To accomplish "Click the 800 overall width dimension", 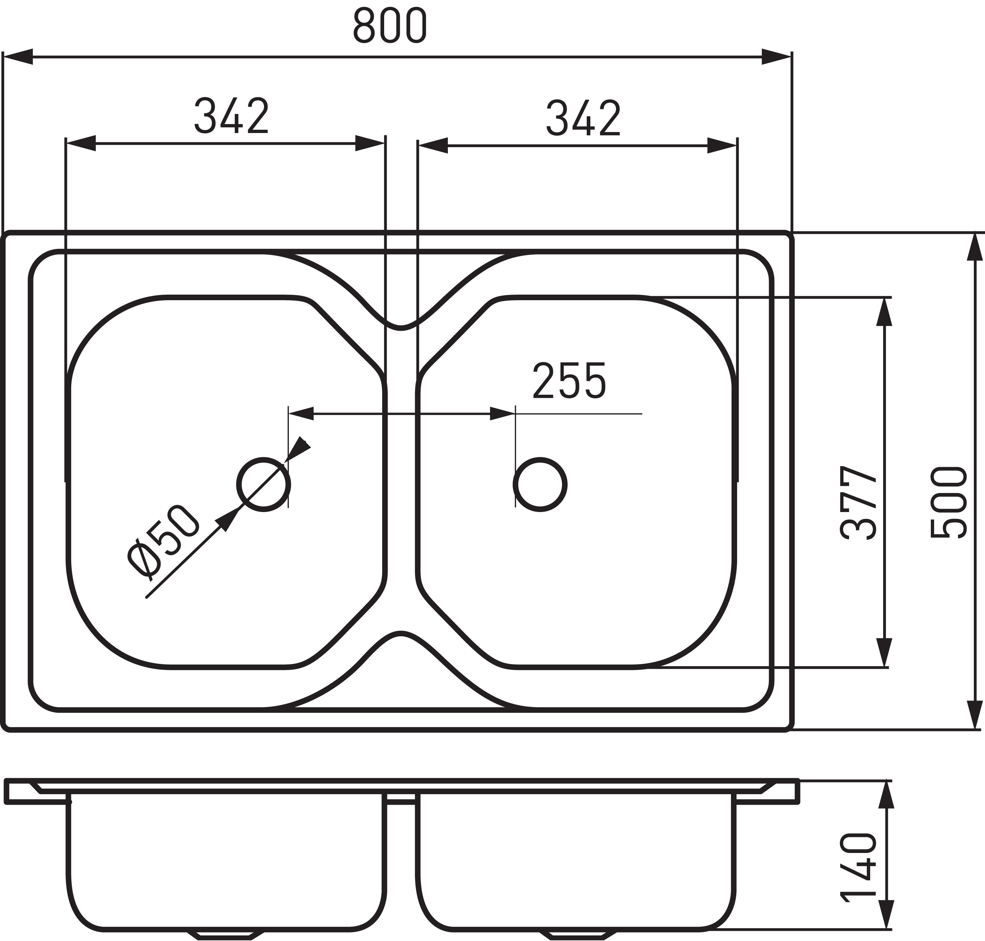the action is tap(390, 25).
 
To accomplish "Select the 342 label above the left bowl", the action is tap(232, 116).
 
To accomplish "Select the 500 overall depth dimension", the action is tap(948, 503).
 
